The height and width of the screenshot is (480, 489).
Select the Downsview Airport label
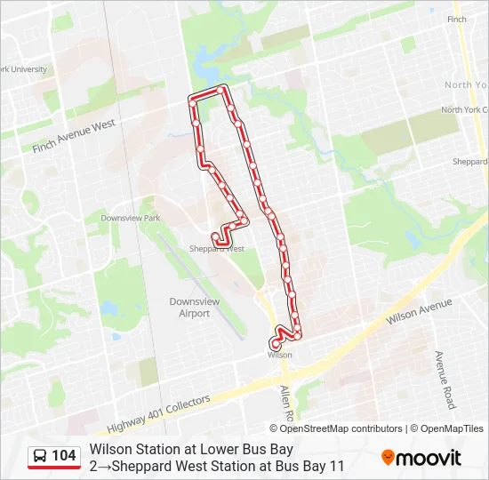click(x=195, y=308)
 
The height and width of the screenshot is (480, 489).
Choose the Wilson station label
click(x=279, y=355)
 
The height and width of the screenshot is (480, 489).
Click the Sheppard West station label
click(x=217, y=250)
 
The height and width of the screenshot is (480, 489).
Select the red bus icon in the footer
click(x=41, y=456)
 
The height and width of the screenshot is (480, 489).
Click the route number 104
click(x=64, y=456)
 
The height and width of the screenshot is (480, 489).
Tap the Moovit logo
click(x=421, y=458)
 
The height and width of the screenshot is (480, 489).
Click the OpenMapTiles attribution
click(x=452, y=428)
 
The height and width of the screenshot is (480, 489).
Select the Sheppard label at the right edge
click(x=470, y=162)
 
